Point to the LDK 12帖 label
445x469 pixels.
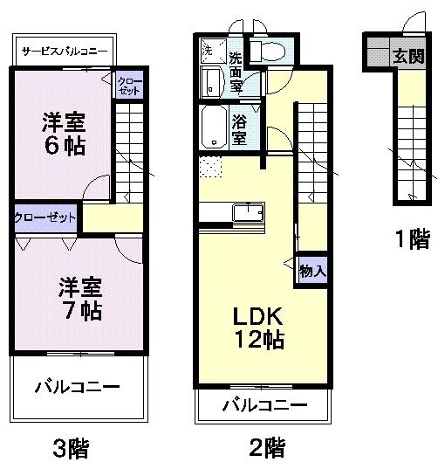pos(257,328)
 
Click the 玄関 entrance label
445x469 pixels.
pos(407,58)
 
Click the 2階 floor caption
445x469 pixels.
pos(265,448)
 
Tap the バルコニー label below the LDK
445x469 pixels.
pos(264,405)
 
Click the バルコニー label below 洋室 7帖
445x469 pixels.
pos(77,386)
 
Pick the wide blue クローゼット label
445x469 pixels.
pos(45,217)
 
